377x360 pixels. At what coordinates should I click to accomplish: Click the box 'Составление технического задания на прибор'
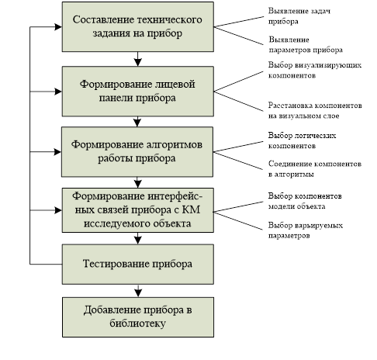[138, 27]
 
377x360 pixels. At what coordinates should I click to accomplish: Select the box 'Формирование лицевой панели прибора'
[138, 92]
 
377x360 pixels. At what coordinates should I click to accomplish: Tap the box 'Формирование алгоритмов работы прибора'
[137, 152]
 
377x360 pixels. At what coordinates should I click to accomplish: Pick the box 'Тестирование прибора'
[138, 265]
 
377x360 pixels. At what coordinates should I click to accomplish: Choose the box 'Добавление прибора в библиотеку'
[138, 317]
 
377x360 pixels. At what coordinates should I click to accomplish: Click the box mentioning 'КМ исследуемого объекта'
[138, 210]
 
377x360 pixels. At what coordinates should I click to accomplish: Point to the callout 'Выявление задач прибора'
[299, 16]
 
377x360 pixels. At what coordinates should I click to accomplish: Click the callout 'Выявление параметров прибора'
[306, 44]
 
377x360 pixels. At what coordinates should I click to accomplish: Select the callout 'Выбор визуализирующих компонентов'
[315, 70]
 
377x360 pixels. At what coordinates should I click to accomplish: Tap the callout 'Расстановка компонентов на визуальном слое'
[315, 110]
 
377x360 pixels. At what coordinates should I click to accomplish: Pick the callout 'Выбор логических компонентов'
[302, 140]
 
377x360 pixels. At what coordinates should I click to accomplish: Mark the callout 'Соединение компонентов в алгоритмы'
[315, 169]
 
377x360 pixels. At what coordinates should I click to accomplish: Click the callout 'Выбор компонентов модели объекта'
[305, 201]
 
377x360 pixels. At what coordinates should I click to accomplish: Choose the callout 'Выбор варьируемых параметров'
[306, 230]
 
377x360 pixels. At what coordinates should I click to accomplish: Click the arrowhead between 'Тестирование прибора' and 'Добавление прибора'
[138, 293]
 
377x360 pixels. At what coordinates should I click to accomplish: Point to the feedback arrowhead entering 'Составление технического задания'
[58, 27]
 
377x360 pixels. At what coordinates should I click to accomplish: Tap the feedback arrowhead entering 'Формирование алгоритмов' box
[57, 152]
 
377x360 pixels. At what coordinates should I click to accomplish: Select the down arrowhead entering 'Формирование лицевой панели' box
[138, 62]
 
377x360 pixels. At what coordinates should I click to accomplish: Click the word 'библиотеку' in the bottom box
[137, 324]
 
